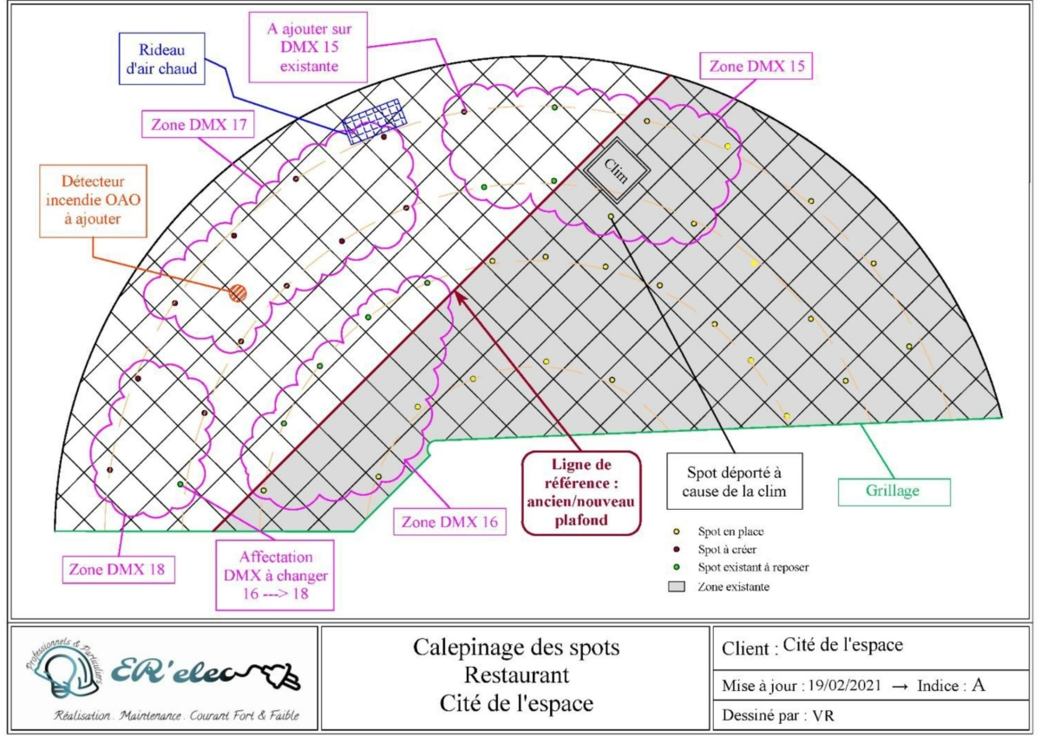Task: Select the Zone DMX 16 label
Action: pos(450,523)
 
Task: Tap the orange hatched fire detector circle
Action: pos(238,293)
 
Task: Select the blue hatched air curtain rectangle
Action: pos(375,119)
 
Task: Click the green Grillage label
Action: pos(893,491)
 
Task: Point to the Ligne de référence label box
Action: pos(580,491)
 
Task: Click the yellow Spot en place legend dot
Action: pos(676,531)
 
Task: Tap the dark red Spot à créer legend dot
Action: pos(676,549)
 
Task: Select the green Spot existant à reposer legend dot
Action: pos(676,567)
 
